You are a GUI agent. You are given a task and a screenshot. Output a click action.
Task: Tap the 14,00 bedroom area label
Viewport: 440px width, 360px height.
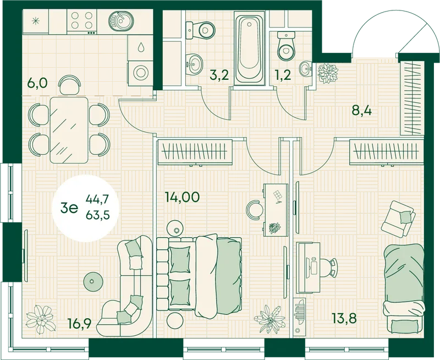coord(183,197)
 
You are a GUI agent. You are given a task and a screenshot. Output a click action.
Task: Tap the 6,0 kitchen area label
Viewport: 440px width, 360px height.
coord(37,84)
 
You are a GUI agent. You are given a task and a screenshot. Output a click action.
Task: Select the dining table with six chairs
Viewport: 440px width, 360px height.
coord(69,128)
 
